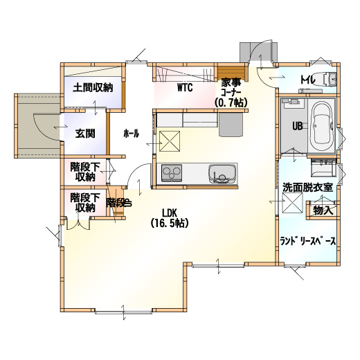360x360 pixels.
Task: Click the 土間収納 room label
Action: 93,88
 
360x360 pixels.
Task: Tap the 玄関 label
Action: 85,134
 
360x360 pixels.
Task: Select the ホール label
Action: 132,134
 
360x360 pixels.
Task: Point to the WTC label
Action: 185,88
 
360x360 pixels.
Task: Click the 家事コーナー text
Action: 231,87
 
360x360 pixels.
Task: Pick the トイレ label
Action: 308,80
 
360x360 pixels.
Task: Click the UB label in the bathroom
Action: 298,126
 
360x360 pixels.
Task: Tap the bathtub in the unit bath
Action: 321,126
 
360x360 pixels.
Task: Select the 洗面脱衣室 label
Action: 308,188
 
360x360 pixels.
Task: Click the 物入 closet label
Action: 323,210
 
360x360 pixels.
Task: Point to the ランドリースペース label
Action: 308,242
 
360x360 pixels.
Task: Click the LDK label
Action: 170,213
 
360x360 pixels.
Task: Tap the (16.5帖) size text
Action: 170,223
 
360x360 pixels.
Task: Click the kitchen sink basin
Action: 222,174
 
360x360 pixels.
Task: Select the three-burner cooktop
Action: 172,173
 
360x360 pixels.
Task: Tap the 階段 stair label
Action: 119,203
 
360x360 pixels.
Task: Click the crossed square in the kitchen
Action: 170,141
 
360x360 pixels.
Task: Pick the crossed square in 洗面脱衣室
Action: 293,202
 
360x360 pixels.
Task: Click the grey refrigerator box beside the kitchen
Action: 231,125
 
